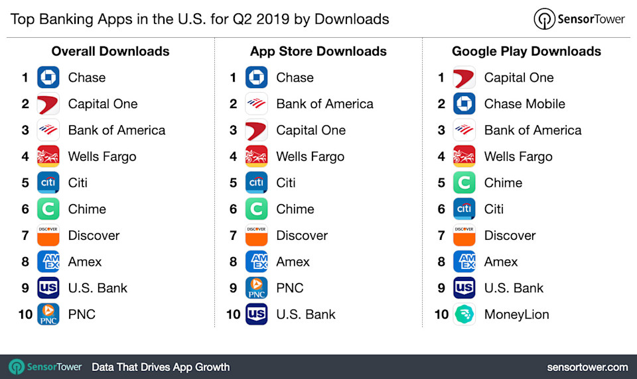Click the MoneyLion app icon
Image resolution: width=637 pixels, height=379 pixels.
[x=464, y=315]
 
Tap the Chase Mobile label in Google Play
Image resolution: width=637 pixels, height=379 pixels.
[x=524, y=104]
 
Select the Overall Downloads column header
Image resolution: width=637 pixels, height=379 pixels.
[x=110, y=52]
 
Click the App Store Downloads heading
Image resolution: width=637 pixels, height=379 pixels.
[x=318, y=52]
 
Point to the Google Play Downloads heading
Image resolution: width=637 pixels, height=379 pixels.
[x=526, y=52]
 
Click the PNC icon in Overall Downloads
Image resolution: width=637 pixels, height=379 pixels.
[x=48, y=315]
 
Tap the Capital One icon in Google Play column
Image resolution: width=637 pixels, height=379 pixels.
[x=464, y=78]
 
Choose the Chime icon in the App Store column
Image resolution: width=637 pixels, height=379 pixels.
[x=256, y=209]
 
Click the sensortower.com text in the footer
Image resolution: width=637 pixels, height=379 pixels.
[x=587, y=367]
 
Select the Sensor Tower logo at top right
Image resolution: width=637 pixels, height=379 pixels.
[x=579, y=19]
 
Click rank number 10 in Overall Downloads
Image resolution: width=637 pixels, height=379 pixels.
[x=25, y=315]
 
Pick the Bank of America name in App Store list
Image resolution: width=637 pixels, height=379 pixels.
[x=324, y=104]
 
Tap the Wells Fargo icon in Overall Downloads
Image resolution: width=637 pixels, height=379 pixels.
[x=48, y=157]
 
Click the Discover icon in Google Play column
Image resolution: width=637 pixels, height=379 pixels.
[x=464, y=236]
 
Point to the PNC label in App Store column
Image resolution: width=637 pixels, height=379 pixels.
[x=290, y=288]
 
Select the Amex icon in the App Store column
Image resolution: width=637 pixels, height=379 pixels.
[x=256, y=262]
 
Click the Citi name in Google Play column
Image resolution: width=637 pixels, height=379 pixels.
[x=494, y=209]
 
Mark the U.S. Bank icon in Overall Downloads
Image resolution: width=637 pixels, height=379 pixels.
[x=48, y=288]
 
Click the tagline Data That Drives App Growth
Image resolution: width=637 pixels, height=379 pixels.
[x=161, y=367]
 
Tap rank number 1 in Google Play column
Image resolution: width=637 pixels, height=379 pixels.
[x=441, y=78]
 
